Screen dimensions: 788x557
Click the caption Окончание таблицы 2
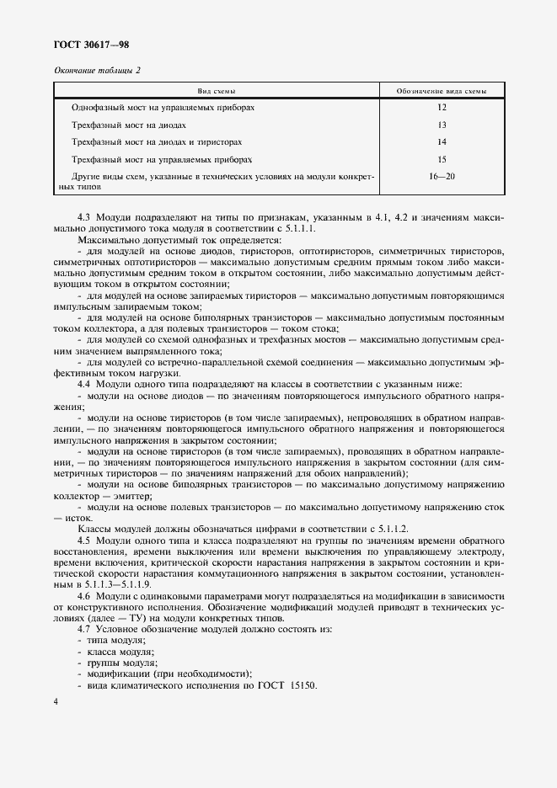[97, 70]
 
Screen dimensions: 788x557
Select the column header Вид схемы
[217, 90]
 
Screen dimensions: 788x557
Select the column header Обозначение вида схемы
[442, 90]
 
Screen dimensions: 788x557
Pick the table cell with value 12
[442, 108]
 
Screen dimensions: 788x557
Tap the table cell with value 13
[442, 125]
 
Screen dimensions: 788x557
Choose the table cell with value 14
[442, 141]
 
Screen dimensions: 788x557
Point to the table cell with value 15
[442, 158]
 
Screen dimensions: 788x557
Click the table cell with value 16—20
[442, 176]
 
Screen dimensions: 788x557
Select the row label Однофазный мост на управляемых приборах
[163, 108]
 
